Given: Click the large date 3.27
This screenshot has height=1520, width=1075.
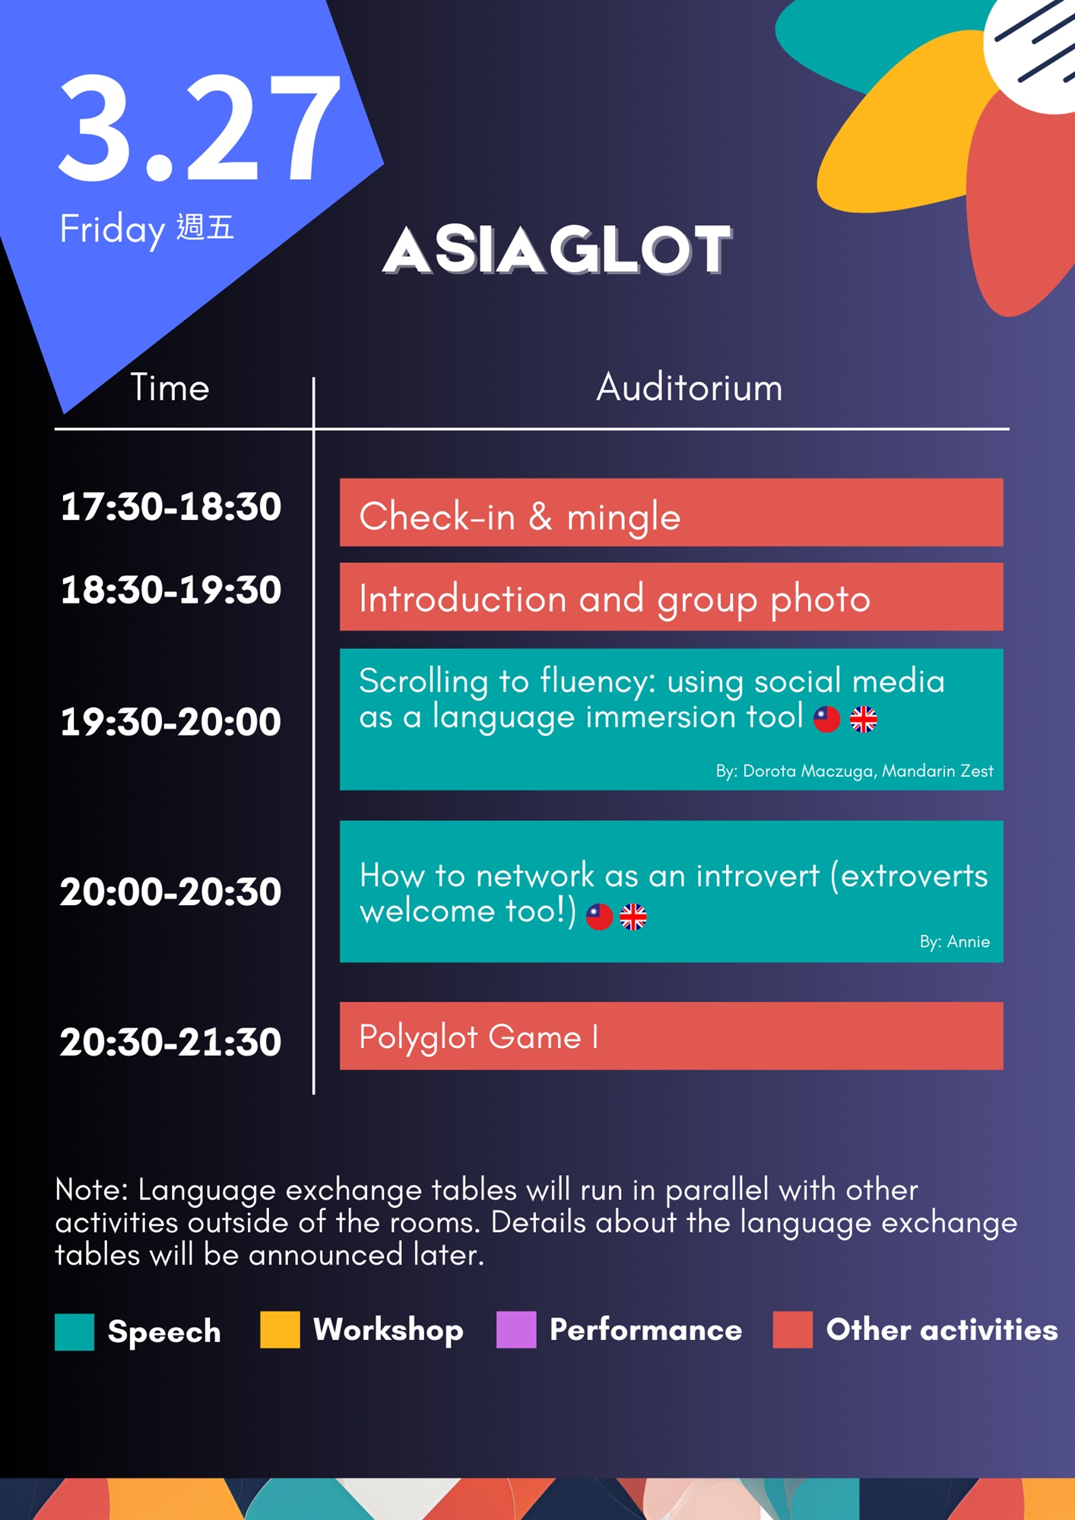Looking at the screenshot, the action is [x=199, y=127].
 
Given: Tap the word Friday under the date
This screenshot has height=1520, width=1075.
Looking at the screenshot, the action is [x=113, y=230].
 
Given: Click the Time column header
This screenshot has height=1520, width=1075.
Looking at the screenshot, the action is [x=170, y=388].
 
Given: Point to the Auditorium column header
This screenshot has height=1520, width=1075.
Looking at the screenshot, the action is [x=689, y=388].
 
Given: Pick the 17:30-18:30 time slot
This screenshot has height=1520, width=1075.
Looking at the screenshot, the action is [x=171, y=507].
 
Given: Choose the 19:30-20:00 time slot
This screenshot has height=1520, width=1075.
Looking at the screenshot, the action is [x=171, y=722].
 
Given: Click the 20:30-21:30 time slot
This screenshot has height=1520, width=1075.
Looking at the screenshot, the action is [x=171, y=1042].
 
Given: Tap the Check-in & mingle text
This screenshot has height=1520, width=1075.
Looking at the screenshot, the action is [x=520, y=518].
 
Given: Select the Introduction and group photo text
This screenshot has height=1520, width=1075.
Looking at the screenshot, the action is [x=614, y=600].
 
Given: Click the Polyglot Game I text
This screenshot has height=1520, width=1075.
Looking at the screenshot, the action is [x=479, y=1038].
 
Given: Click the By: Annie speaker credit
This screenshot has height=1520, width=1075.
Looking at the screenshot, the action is [x=955, y=942].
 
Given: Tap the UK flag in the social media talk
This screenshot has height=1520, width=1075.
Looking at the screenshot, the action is [x=864, y=719].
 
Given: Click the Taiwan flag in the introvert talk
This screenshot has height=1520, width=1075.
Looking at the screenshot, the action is [x=599, y=917].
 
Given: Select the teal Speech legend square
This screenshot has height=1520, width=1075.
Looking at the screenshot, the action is [x=75, y=1332].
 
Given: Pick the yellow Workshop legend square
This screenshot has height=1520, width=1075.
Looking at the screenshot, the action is [x=280, y=1329].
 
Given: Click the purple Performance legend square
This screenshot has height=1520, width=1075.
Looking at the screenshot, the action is [x=516, y=1329].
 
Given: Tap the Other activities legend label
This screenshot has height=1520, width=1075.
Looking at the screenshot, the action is [x=942, y=1330].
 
